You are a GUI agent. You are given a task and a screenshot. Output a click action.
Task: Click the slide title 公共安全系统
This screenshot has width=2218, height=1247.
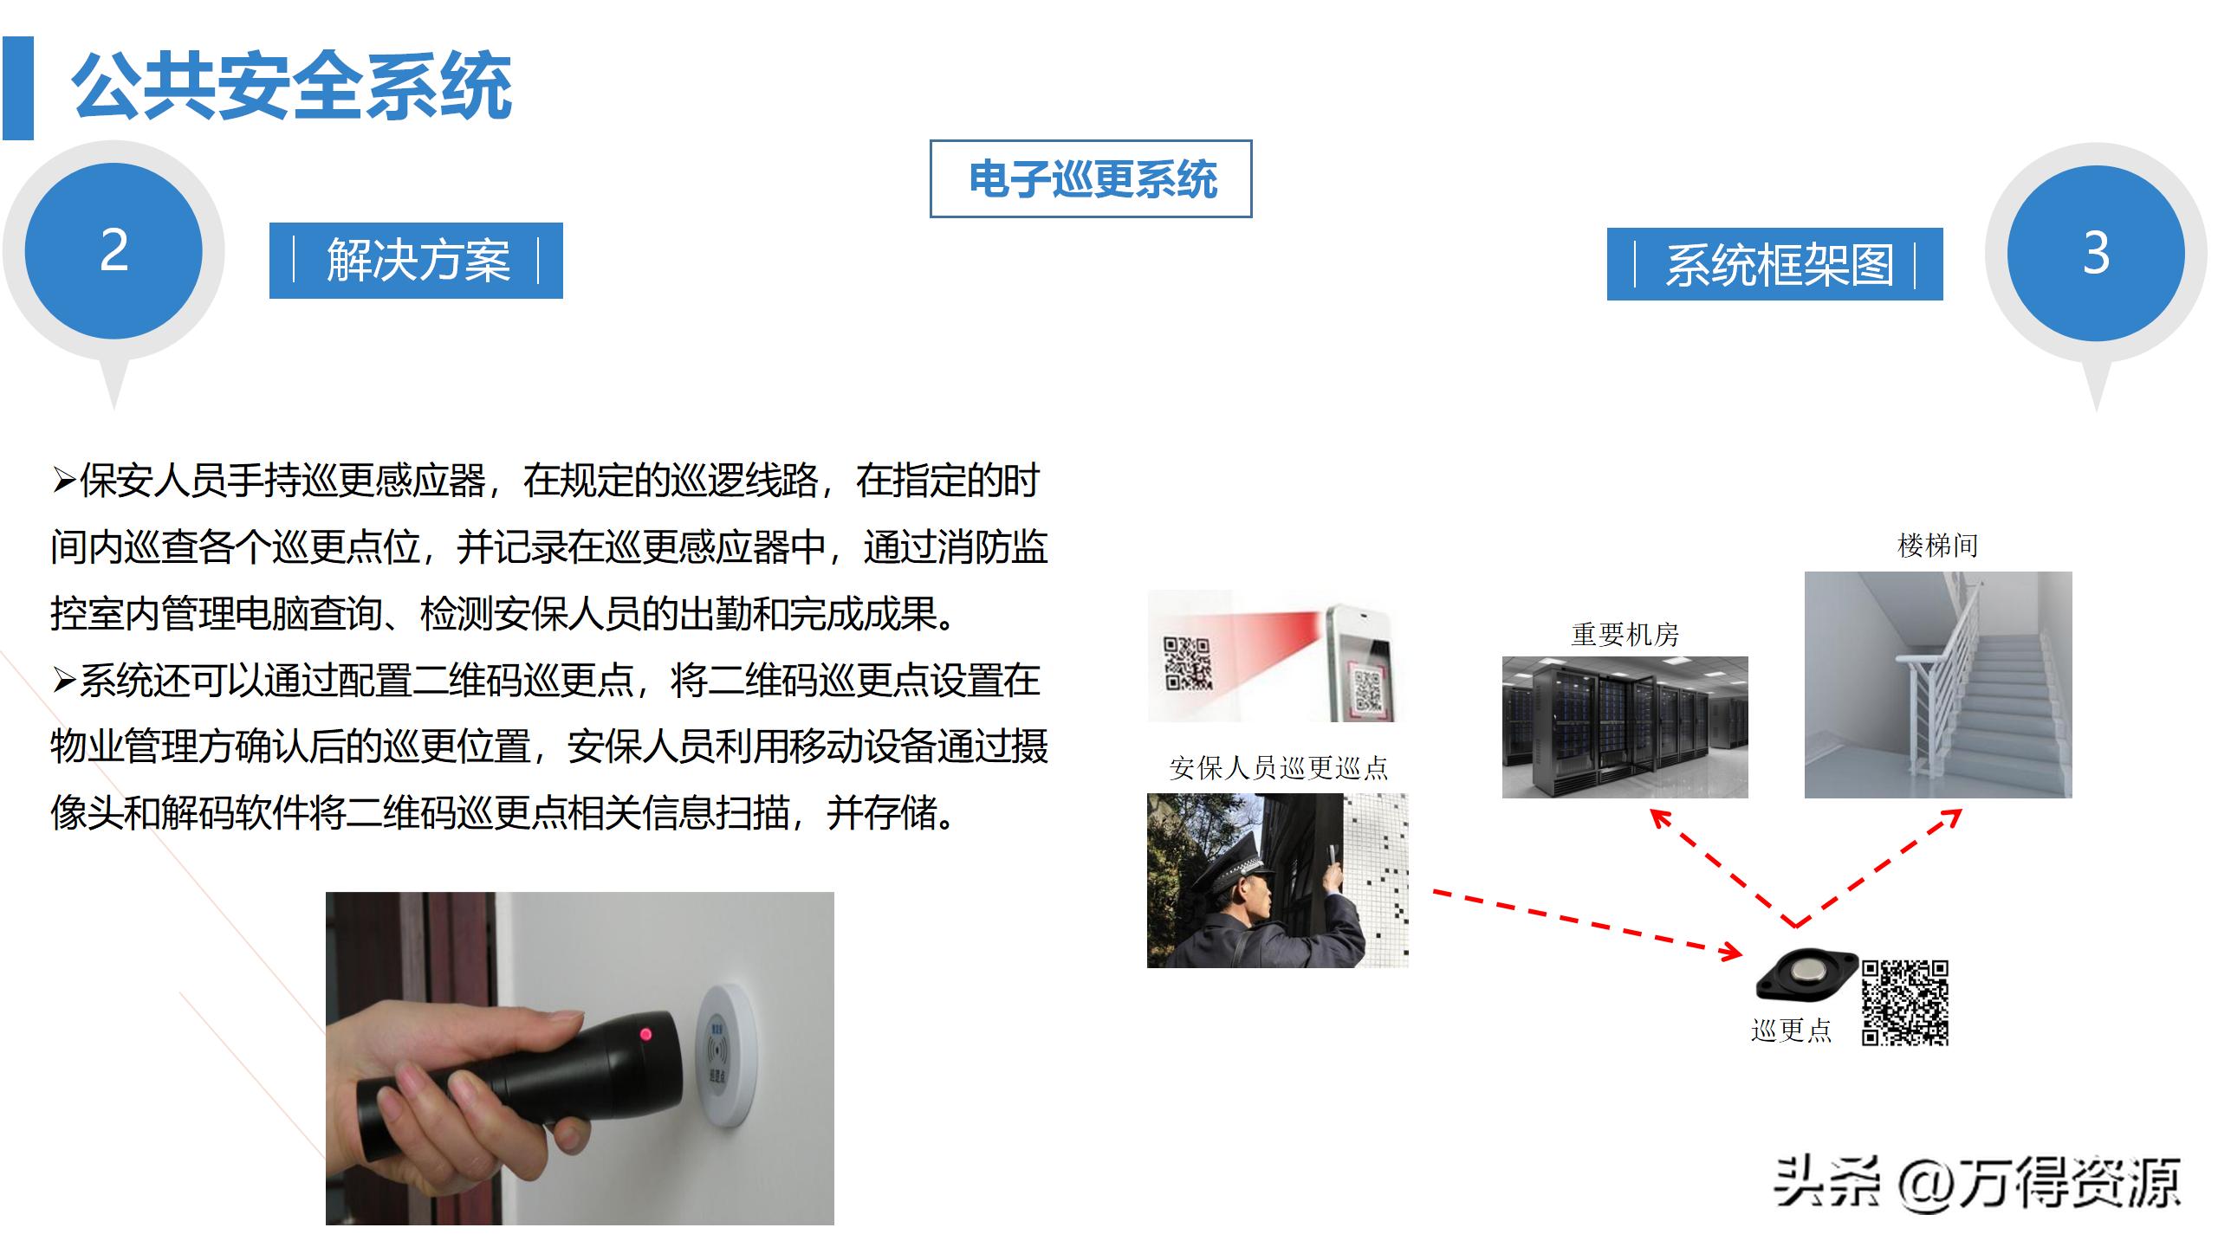tap(293, 87)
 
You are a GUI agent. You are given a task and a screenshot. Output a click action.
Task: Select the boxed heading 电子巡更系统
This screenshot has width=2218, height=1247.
tap(1091, 179)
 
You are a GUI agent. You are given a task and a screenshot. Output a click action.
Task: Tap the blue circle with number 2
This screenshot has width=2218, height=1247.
tap(113, 251)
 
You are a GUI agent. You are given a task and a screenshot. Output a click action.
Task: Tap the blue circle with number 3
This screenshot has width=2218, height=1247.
tap(2095, 254)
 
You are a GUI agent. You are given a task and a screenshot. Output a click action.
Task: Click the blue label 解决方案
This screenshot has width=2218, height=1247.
tap(417, 261)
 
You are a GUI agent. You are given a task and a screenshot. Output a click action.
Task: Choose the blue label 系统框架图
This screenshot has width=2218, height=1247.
tap(1775, 264)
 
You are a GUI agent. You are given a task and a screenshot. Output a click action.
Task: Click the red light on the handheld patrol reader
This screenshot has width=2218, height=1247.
tap(645, 1034)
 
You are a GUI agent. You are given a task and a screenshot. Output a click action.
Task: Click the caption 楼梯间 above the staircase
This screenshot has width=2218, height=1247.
tap(1937, 546)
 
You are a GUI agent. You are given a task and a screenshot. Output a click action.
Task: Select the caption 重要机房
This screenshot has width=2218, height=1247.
tap(1625, 635)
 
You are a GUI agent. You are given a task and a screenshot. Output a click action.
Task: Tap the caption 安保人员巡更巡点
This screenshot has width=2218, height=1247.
tap(1278, 768)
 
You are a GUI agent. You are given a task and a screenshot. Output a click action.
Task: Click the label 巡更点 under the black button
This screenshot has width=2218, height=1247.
tap(1791, 1030)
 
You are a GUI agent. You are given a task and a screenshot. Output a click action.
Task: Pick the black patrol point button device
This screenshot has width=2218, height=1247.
tap(1806, 973)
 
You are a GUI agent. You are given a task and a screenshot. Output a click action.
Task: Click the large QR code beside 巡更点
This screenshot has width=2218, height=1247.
tap(1905, 1002)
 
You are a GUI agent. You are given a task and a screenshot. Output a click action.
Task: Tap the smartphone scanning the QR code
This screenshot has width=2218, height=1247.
tap(1360, 663)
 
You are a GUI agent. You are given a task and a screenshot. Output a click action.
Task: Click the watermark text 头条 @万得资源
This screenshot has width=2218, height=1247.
tap(1976, 1183)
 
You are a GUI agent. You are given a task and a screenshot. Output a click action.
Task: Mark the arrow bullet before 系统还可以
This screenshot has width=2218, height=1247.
tap(64, 681)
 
